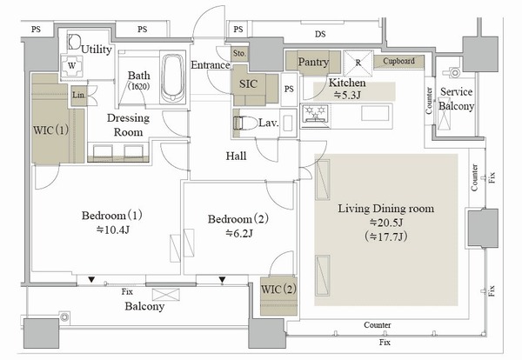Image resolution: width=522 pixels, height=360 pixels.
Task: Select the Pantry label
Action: pyautogui.click(x=312, y=63)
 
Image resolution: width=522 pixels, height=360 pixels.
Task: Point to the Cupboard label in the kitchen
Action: pyautogui.click(x=398, y=62)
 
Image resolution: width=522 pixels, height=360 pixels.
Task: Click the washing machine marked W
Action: pyautogui.click(x=71, y=64)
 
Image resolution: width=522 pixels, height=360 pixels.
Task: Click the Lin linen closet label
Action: pyautogui.click(x=78, y=94)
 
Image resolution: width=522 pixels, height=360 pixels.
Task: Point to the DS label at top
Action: pyautogui.click(x=320, y=33)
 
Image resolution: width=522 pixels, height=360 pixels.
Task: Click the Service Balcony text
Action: pyautogui.click(x=457, y=99)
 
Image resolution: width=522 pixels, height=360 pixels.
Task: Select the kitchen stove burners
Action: pyautogui.click(x=312, y=113)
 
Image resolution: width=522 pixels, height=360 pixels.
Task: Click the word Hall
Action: pyautogui.click(x=236, y=156)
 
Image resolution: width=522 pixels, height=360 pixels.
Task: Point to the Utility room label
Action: pyautogui.click(x=95, y=50)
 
